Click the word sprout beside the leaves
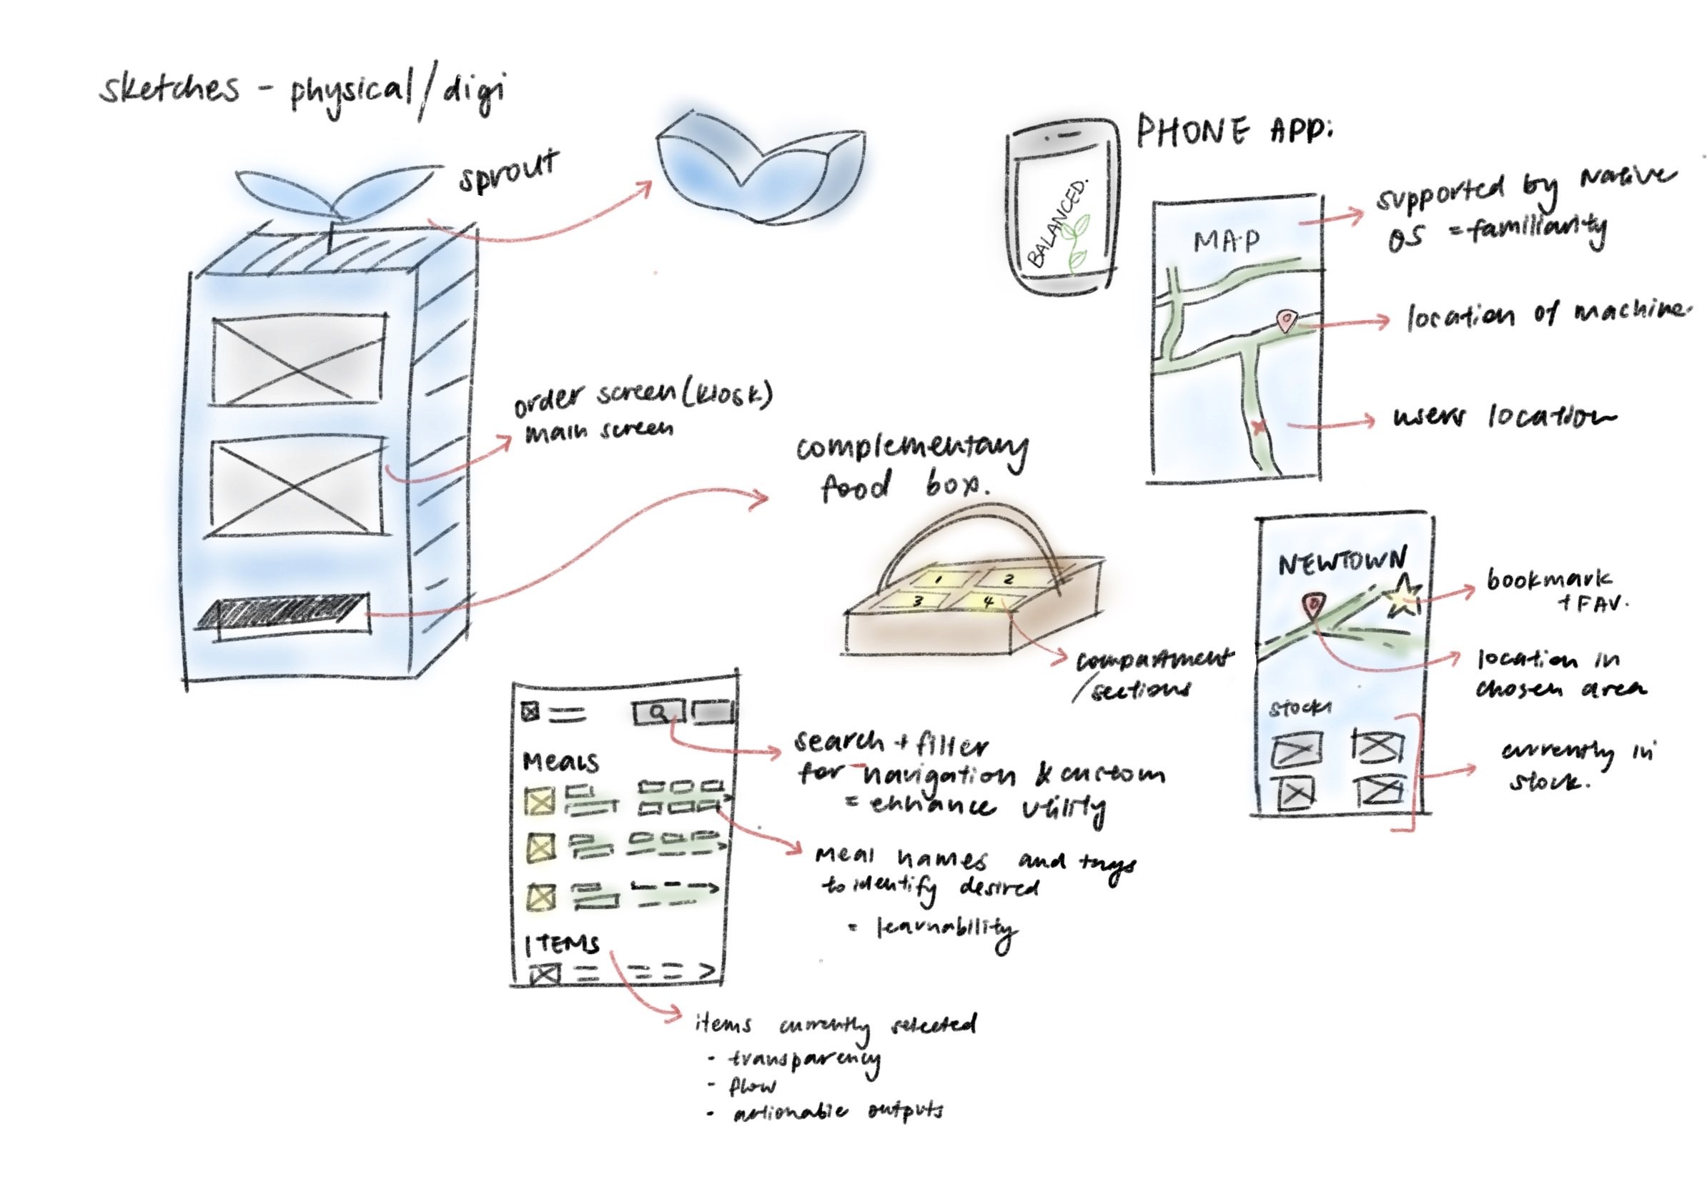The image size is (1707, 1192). point(508,172)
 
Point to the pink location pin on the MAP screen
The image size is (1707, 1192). point(1285,321)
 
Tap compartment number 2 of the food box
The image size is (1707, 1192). point(1008,579)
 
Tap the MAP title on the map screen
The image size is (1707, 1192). point(1227,242)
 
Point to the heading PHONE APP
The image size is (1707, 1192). point(1235,134)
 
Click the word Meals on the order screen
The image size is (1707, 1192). point(560,762)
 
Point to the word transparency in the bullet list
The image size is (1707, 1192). point(803,1059)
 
